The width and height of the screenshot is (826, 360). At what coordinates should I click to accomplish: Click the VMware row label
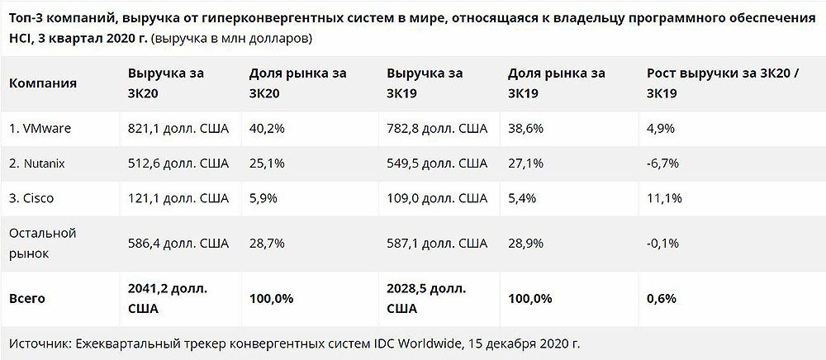click(x=40, y=129)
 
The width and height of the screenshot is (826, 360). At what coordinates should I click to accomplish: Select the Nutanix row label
click(x=37, y=163)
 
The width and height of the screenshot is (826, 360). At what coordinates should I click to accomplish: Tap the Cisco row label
click(x=32, y=198)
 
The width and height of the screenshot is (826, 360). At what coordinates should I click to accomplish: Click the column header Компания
click(x=42, y=83)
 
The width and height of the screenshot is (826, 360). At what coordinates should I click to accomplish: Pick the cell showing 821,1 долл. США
click(x=178, y=129)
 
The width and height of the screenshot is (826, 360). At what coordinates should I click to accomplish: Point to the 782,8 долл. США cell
click(x=437, y=129)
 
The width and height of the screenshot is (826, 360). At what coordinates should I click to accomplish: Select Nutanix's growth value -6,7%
click(x=662, y=163)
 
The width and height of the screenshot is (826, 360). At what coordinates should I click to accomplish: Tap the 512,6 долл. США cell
click(x=178, y=163)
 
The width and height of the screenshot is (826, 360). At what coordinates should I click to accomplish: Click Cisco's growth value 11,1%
click(x=663, y=198)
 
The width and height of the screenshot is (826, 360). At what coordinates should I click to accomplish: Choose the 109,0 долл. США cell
click(x=437, y=198)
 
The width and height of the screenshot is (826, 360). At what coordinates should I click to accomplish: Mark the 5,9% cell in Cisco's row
click(x=262, y=198)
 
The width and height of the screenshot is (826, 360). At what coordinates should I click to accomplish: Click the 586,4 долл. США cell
click(x=178, y=244)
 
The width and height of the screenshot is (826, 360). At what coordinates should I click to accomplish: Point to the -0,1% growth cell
click(x=662, y=244)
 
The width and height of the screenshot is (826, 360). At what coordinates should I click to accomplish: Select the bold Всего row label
click(x=26, y=298)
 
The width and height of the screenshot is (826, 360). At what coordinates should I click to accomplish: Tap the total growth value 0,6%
click(x=661, y=298)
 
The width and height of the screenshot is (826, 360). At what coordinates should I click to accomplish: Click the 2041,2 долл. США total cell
click(x=168, y=298)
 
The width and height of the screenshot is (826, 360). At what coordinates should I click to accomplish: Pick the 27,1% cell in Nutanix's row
click(x=525, y=163)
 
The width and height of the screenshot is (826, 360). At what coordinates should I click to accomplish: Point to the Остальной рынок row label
click(x=42, y=244)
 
